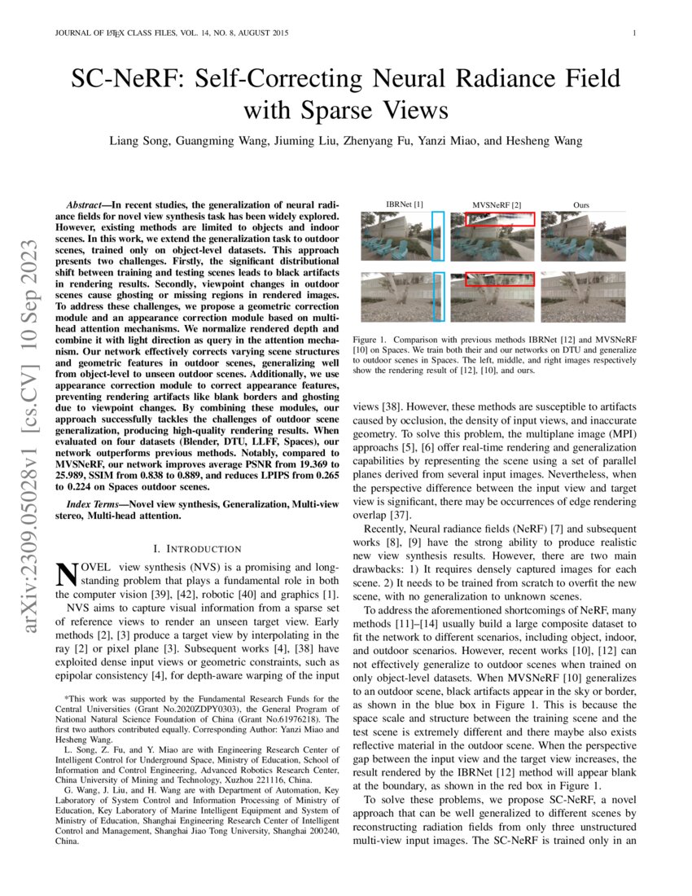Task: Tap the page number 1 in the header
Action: tap(633, 33)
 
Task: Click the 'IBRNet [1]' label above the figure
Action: tap(404, 203)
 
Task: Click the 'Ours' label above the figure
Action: tap(580, 203)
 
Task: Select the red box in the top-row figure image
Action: tap(499, 218)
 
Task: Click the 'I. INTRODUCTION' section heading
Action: tap(197, 549)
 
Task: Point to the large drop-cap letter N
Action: tap(64, 574)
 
